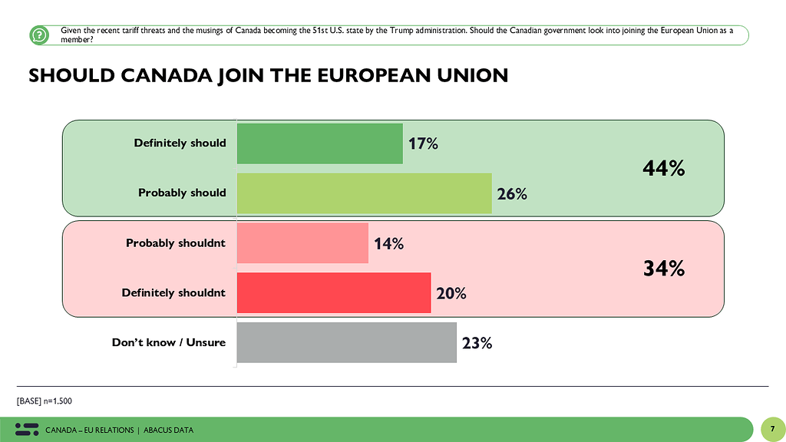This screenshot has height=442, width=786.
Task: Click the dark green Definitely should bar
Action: [319, 143]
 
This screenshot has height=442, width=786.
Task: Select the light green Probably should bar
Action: [364, 193]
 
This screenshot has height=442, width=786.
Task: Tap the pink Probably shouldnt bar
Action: [302, 243]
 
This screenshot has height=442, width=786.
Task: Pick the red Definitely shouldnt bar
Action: [334, 292]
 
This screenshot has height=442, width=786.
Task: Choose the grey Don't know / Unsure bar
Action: [346, 342]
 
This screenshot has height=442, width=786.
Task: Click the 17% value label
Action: [423, 143]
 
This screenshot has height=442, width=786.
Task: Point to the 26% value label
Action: [511, 193]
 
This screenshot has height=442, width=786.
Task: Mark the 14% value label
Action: [389, 244]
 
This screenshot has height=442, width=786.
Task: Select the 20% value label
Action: [451, 293]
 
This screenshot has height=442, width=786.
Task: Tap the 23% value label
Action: [477, 343]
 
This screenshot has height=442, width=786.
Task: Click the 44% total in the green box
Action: [663, 169]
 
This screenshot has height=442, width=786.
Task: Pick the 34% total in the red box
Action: [663, 269]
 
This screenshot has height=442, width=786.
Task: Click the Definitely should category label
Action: [180, 143]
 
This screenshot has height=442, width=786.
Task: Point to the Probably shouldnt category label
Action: [176, 243]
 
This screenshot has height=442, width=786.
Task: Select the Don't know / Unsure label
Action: [169, 342]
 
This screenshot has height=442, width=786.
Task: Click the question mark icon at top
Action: [39, 35]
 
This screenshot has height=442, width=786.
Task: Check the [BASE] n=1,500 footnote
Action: [44, 401]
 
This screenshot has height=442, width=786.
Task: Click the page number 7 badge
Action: [771, 429]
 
